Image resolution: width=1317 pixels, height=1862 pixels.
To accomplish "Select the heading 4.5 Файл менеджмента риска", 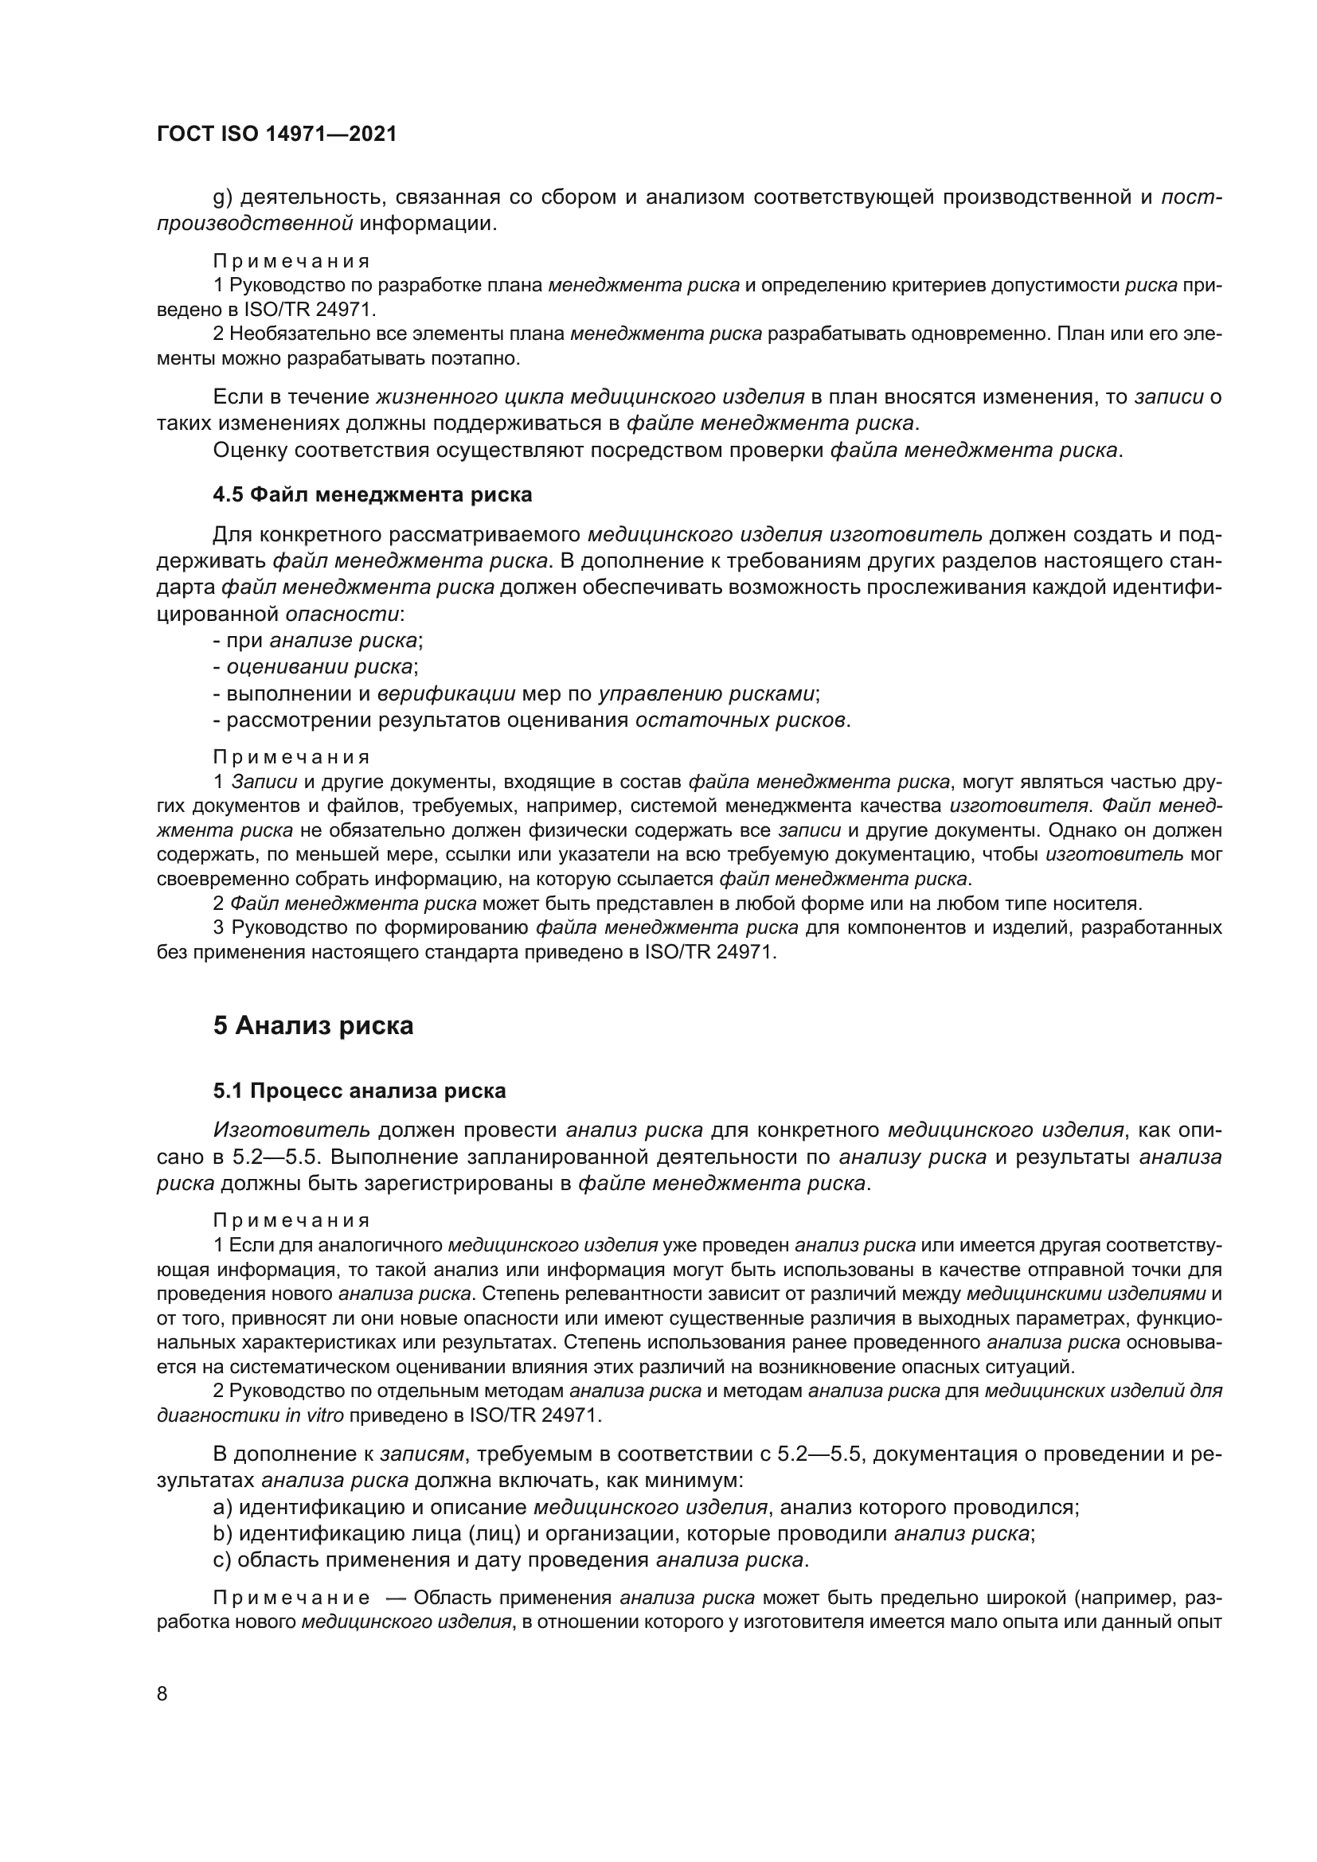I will pyautogui.click(x=372, y=494).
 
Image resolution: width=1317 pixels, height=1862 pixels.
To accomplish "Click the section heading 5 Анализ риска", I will pyautogui.click(x=313, y=1026).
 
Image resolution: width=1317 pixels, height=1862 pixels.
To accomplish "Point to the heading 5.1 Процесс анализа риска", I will pyautogui.click(x=359, y=1091).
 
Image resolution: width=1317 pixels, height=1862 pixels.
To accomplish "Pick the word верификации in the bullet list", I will pyautogui.click(x=447, y=694).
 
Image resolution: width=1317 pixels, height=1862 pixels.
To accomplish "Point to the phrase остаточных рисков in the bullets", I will pyautogui.click(x=740, y=720).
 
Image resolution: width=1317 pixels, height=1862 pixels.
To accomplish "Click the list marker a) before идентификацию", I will pyautogui.click(x=223, y=1508).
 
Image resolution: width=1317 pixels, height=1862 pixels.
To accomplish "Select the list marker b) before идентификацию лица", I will pyautogui.click(x=223, y=1533).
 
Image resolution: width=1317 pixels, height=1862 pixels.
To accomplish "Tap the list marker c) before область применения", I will pyautogui.click(x=223, y=1560).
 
